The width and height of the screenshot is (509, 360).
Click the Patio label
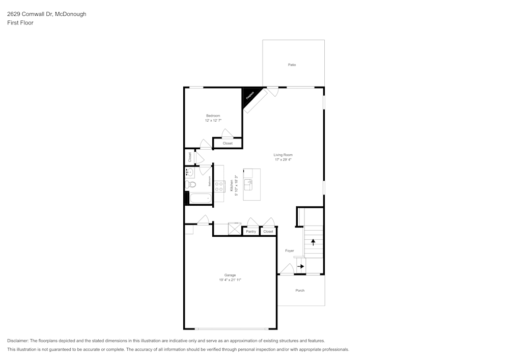(x=292, y=65)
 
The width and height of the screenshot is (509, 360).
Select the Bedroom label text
(x=213, y=116)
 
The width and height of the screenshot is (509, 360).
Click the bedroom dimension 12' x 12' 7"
(x=213, y=121)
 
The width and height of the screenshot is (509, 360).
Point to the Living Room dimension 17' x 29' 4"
(x=283, y=160)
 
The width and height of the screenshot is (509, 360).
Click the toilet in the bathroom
(x=189, y=184)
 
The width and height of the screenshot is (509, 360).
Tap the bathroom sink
(x=189, y=172)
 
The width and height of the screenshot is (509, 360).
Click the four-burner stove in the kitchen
(x=219, y=186)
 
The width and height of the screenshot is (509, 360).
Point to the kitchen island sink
(x=248, y=182)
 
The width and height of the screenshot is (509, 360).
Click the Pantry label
(x=251, y=232)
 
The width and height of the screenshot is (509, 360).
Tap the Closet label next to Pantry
(x=268, y=232)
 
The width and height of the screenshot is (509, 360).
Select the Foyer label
(x=289, y=251)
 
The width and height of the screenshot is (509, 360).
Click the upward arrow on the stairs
(x=313, y=242)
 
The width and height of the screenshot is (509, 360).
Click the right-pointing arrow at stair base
(x=301, y=266)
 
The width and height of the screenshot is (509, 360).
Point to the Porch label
(x=300, y=291)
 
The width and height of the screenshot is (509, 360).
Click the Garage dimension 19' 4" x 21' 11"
(x=230, y=280)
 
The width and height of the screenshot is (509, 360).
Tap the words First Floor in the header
(x=20, y=23)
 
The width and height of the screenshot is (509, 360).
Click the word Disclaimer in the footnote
(x=18, y=341)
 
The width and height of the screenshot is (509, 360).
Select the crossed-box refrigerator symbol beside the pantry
(x=235, y=229)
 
